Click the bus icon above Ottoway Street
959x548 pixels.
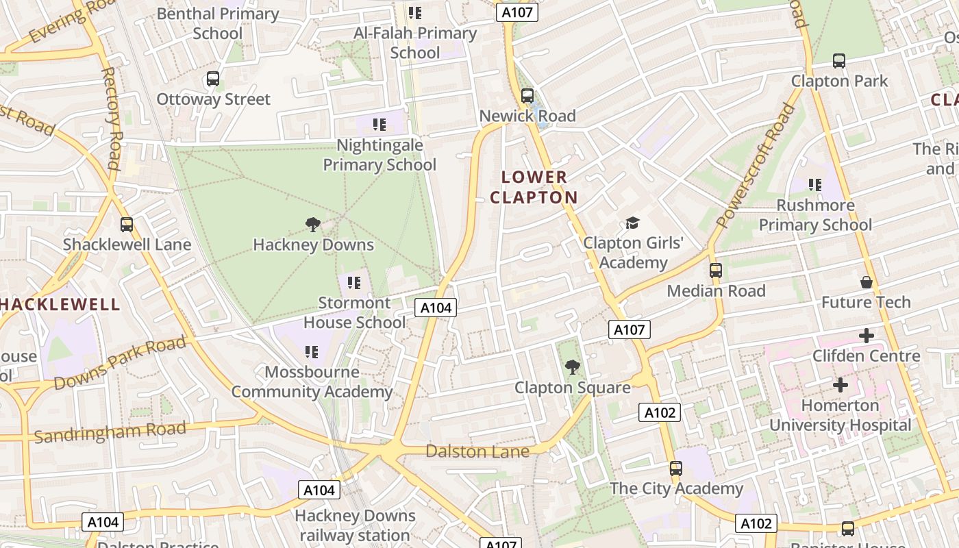pos(213,79)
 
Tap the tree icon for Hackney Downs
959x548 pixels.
pos(313,224)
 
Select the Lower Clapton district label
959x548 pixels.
pos(534,187)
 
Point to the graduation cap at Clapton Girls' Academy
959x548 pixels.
pos(632,223)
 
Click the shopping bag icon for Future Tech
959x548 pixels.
pos(867,282)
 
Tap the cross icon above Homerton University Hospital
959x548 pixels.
pos(840,385)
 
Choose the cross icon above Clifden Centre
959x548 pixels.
pos(867,336)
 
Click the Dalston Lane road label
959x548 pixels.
pos(477,451)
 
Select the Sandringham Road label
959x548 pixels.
pos(110,432)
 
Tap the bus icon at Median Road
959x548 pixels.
pos(716,271)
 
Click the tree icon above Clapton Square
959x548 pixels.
pos(572,368)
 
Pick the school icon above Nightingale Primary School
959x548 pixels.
pos(379,125)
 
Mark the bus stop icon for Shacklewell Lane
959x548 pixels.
pos(127,224)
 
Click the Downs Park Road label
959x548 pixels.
pos(120,362)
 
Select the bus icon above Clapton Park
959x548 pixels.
pos(839,61)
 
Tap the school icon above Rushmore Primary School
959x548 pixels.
pos(815,184)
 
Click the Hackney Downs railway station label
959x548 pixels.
pos(355,525)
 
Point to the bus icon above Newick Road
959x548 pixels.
pos(527,96)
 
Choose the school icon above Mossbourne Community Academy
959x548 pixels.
pos(312,352)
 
